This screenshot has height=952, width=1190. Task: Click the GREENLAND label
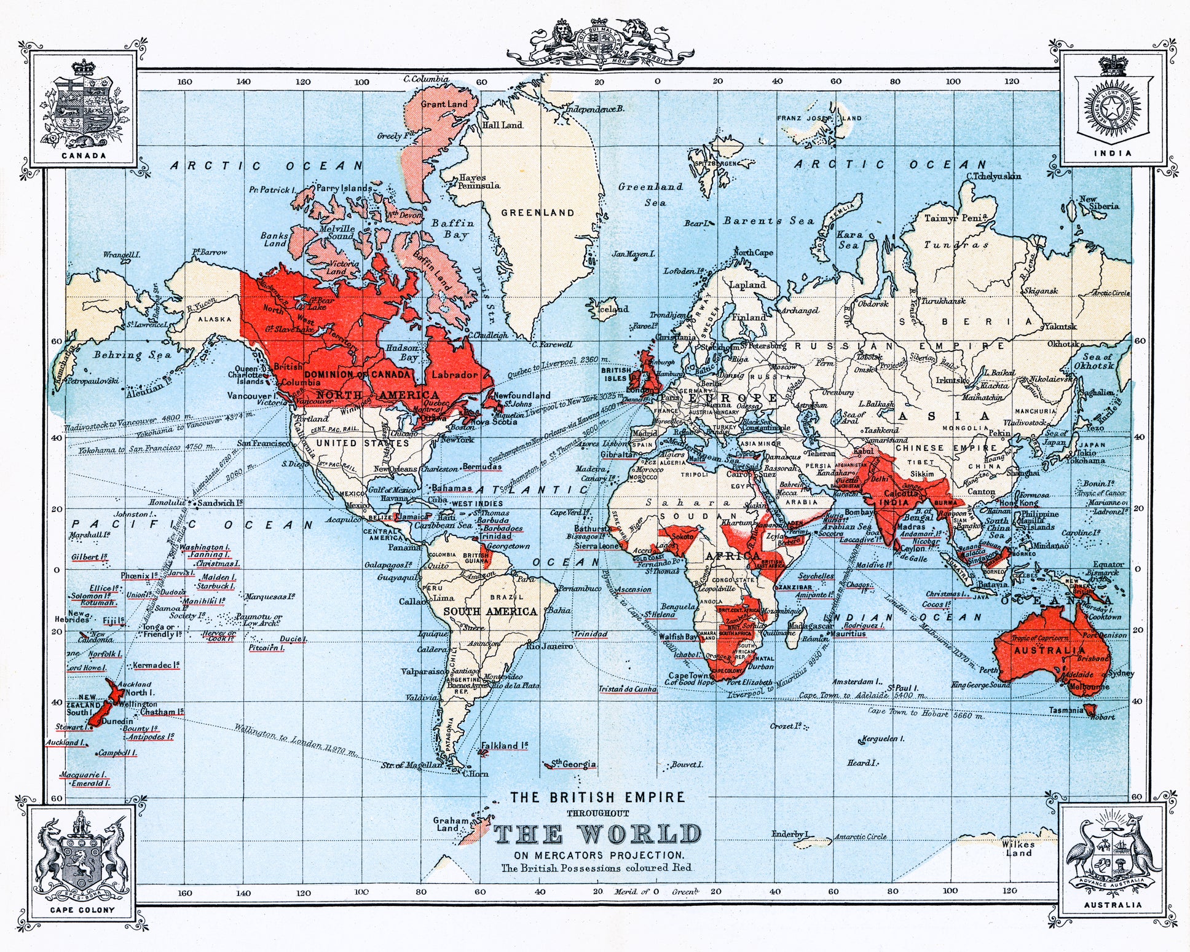[538, 213]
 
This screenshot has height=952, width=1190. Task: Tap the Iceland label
[613, 309]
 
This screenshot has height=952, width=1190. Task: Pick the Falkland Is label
[504, 745]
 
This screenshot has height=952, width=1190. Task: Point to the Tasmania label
[1066, 710]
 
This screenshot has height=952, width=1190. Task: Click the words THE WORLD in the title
[597, 834]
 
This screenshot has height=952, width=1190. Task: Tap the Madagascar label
[810, 626]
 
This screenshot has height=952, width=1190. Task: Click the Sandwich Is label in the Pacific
[220, 503]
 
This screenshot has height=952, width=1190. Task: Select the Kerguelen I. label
[883, 739]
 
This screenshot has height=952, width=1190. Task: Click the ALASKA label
[215, 319]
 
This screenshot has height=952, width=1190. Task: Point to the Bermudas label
[482, 466]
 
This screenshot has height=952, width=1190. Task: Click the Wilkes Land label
[1019, 848]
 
